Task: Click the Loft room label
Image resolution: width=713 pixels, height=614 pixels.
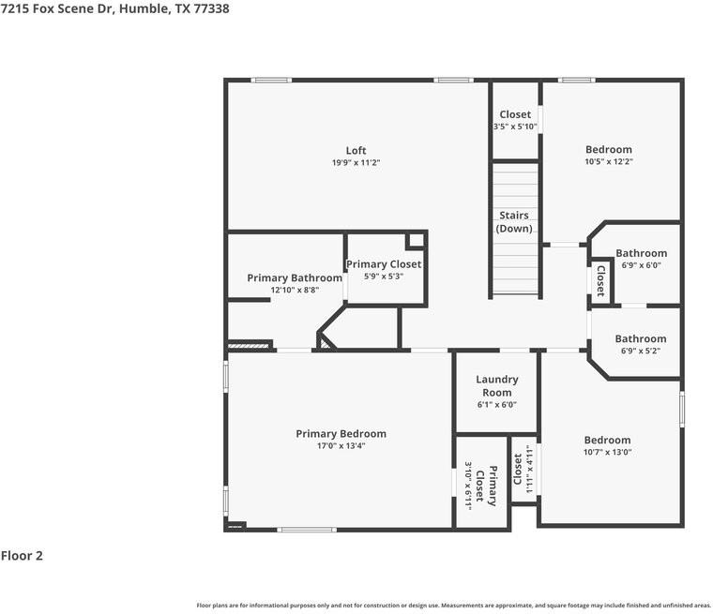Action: [356, 150]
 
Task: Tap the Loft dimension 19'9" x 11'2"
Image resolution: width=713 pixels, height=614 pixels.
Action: [356, 162]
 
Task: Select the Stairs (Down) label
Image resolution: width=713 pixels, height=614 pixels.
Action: [514, 222]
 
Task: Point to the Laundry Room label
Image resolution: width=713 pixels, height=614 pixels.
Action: [497, 386]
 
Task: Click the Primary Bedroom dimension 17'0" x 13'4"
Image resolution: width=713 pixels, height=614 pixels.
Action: [341, 446]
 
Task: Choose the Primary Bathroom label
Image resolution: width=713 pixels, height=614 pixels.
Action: [295, 278]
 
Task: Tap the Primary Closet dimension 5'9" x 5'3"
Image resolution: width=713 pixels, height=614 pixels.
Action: [384, 276]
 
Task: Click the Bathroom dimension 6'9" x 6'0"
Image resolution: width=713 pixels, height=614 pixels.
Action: [641, 265]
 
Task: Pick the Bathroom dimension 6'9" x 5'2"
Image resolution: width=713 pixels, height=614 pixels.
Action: [641, 351]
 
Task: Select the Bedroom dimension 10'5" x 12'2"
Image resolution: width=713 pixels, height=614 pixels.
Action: [609, 161]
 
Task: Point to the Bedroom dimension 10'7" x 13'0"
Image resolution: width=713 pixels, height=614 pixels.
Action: [608, 452]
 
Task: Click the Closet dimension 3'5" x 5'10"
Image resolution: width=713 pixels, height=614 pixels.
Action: [515, 127]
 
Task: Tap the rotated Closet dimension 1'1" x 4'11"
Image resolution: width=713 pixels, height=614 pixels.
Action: [529, 469]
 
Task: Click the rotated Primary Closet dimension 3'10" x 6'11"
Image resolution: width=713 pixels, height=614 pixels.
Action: [468, 486]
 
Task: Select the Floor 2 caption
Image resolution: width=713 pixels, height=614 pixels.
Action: [22, 555]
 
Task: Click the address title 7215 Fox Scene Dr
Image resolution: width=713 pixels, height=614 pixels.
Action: [57, 8]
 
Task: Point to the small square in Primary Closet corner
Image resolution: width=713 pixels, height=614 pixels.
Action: [416, 240]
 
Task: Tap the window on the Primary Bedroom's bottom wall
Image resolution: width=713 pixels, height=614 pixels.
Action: [307, 530]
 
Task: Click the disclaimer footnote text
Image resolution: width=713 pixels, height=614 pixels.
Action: [454, 606]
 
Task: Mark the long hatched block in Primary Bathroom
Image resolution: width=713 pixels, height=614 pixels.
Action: [248, 346]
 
